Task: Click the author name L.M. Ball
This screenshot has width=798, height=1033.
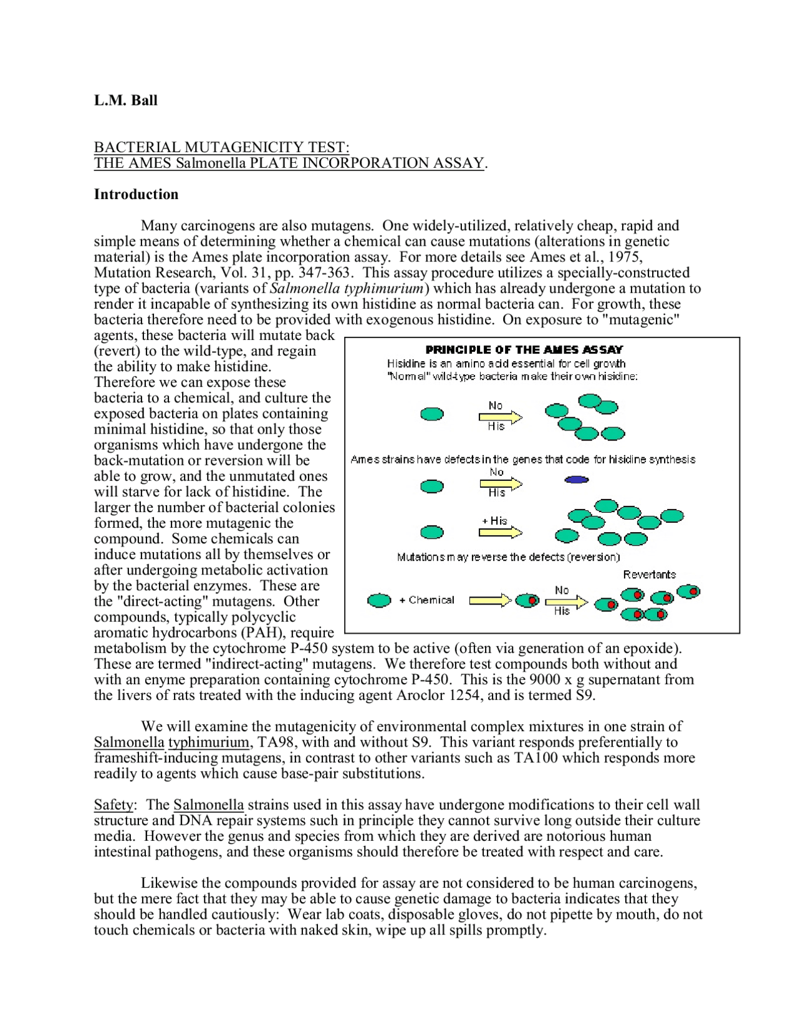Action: coord(125,100)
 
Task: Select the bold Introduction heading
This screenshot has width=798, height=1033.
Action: coord(136,195)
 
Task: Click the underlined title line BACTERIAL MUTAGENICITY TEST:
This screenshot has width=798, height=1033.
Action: coord(221,147)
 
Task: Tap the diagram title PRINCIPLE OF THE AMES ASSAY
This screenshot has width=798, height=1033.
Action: coord(524,349)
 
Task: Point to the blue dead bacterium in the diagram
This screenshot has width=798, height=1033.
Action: coord(577,480)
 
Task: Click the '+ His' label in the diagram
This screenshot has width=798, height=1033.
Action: coord(495,520)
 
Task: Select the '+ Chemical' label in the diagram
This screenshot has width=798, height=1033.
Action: coord(427,600)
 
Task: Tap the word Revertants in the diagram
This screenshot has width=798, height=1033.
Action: coord(649,575)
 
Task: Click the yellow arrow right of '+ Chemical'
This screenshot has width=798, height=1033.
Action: coord(490,600)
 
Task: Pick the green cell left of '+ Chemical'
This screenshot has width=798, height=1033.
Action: coord(379,601)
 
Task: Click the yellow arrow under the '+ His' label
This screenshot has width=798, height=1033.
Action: coord(500,532)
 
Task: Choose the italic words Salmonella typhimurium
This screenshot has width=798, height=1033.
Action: coord(347,288)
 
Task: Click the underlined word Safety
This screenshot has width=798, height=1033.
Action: coord(113,805)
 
